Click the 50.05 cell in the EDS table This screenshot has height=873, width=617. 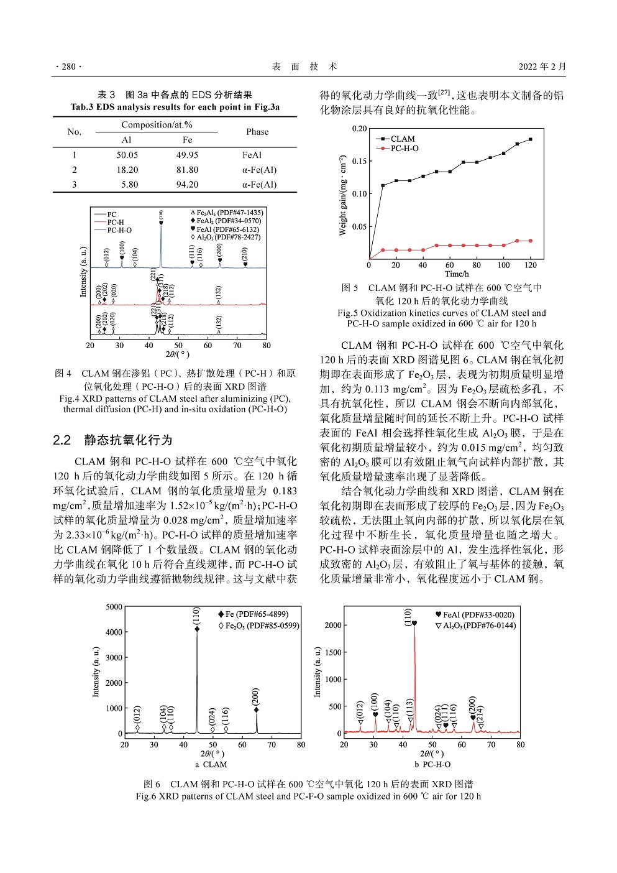[x=127, y=155]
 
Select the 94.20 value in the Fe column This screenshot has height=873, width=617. [x=187, y=185]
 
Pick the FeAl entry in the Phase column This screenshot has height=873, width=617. [x=252, y=155]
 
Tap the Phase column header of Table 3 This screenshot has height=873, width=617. [x=257, y=132]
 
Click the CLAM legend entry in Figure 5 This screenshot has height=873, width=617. [x=402, y=139]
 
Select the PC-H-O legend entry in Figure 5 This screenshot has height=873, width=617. [x=404, y=149]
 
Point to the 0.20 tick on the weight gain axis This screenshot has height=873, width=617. [x=360, y=129]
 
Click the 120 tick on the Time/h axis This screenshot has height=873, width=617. [x=531, y=266]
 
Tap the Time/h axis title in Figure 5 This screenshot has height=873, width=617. [x=457, y=274]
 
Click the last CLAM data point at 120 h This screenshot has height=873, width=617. [x=531, y=139]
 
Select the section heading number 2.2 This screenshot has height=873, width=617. [x=62, y=440]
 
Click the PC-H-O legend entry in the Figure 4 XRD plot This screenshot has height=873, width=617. [x=119, y=230]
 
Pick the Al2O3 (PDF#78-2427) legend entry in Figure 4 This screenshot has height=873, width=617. [x=229, y=237]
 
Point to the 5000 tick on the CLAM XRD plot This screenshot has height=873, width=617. [x=114, y=607]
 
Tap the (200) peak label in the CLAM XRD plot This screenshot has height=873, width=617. [x=256, y=696]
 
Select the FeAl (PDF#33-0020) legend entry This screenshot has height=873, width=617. [x=478, y=615]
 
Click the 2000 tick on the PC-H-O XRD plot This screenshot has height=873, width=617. [x=334, y=626]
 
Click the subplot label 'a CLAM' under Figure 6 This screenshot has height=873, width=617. [x=211, y=764]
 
